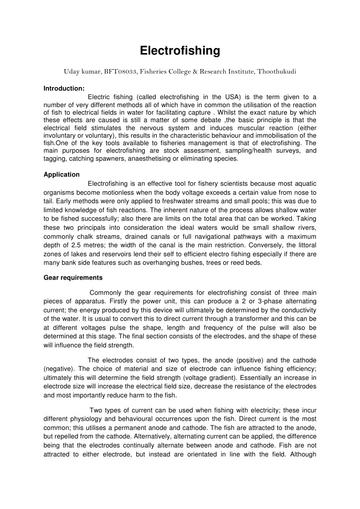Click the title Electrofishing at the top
click(x=180, y=51)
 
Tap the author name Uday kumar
click(x=82, y=72)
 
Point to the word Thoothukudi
click(x=277, y=72)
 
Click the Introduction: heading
click(x=64, y=88)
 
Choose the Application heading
click(x=62, y=175)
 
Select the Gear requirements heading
click(x=73, y=277)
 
